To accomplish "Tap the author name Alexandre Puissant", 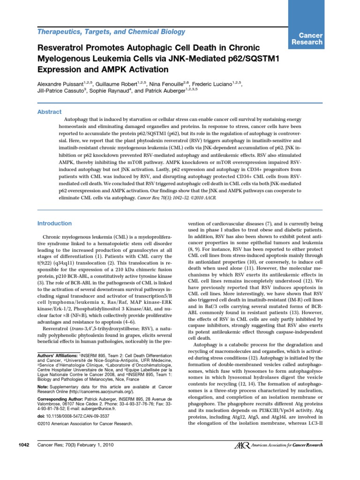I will (x=61, y=82).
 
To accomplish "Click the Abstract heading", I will (x=49, y=112).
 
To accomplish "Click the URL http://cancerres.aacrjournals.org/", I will (x=105, y=385).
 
